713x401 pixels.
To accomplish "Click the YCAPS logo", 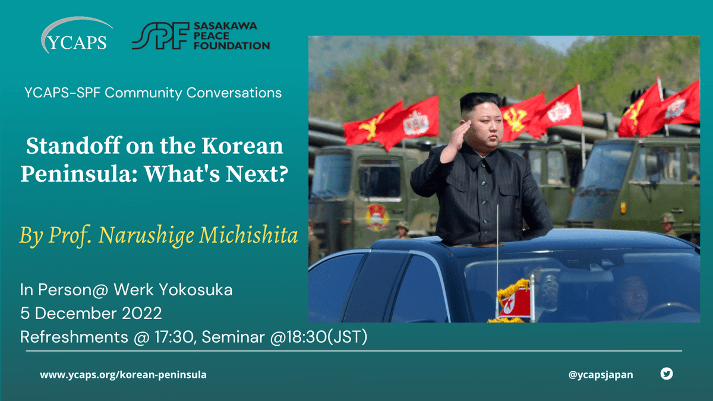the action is coord(77,36).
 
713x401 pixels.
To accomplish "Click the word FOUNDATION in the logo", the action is coord(232,46).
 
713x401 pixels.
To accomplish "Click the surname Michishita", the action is coord(248,236).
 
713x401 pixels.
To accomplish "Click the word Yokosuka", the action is coord(195,290).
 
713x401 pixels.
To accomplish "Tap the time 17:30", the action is coord(173,337).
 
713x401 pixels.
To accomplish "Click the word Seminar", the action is coord(234,337).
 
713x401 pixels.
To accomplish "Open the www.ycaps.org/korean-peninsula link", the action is coord(123,375).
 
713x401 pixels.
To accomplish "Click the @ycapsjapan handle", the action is coord(601,375).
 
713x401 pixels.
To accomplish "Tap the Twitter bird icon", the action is coord(667,374).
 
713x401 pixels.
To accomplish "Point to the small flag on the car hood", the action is coord(515,302).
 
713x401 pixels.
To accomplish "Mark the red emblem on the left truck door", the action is coord(377,217).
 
